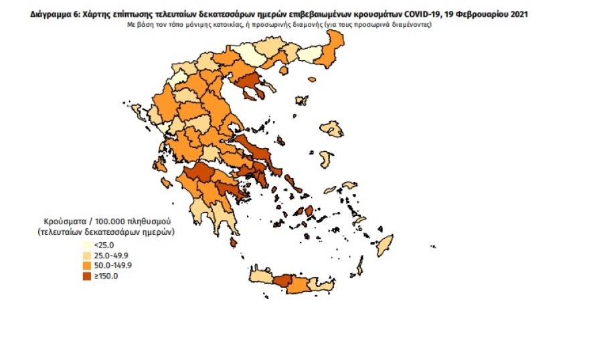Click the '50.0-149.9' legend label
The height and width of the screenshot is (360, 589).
point(112,266)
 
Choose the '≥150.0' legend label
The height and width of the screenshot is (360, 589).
point(105,276)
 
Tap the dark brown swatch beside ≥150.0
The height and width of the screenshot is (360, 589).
point(87,276)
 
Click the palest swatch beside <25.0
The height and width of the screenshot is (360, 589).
point(87,246)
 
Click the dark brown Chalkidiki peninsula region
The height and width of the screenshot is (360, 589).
point(252,85)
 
